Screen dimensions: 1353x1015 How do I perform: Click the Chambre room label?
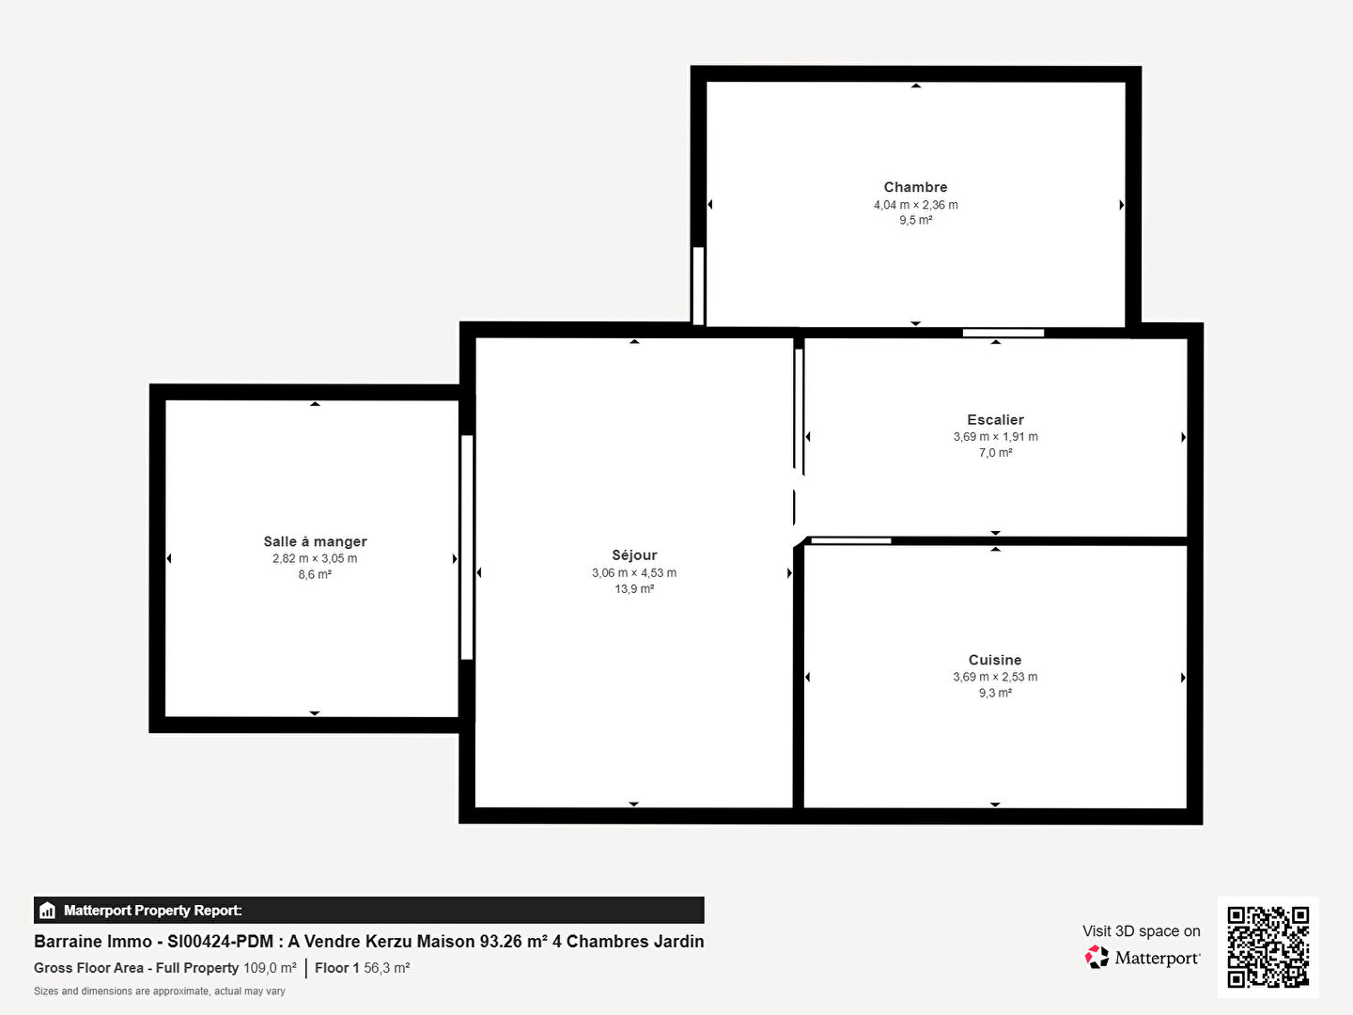coord(915,187)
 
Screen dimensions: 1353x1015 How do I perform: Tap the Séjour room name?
coord(634,555)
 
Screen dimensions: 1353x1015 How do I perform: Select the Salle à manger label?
coord(315,541)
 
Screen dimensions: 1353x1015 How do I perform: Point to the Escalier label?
coord(995,420)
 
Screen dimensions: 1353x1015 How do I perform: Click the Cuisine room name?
coord(995,660)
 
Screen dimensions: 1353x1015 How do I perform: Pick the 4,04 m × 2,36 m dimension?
coord(915,205)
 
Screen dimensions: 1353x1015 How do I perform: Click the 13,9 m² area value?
coord(634,588)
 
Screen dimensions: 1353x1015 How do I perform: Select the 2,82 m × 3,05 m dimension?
coord(315,558)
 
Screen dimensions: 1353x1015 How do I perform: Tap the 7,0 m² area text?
coord(995,452)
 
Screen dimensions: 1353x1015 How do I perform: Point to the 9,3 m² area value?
coord(995,693)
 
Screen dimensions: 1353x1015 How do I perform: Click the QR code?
coord(1267,947)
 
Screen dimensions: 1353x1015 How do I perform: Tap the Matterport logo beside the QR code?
coord(1142,958)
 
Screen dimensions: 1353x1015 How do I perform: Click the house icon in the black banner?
coord(47,911)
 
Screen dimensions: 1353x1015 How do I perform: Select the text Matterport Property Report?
coord(153,911)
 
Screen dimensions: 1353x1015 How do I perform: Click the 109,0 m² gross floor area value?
coord(270,968)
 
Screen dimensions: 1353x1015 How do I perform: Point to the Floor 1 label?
coord(336,968)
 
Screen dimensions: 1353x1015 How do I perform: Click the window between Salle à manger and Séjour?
coord(467,547)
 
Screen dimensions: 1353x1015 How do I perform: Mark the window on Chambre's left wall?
coord(698,286)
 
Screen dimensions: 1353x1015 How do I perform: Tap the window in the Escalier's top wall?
coord(1003,333)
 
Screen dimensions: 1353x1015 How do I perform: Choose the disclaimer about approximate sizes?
coord(159,991)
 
